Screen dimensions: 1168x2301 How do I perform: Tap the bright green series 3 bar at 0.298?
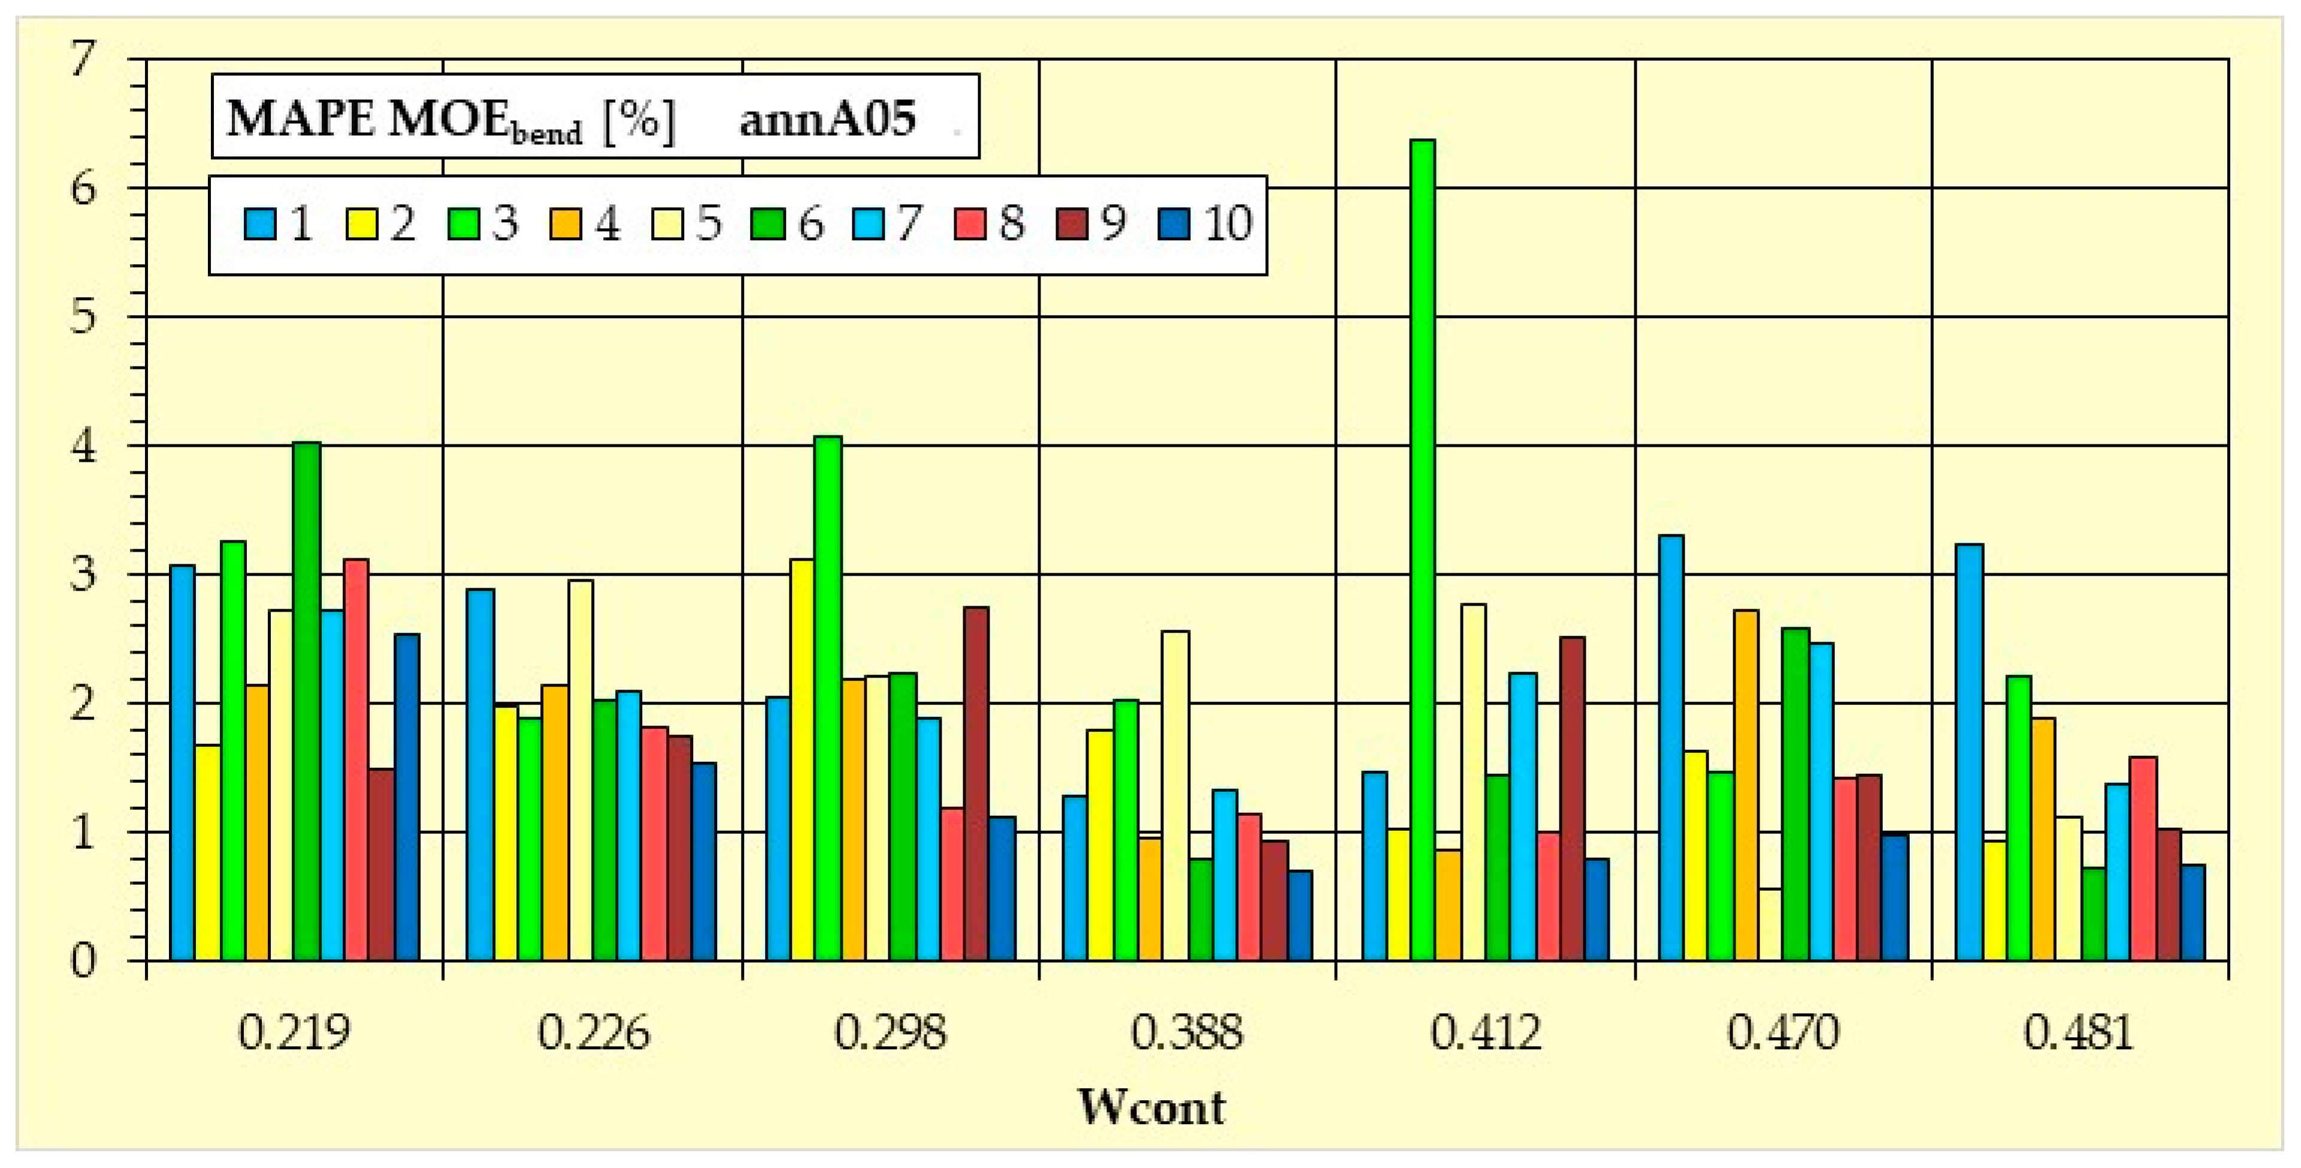tap(828, 698)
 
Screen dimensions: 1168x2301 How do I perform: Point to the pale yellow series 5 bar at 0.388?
tap(1175, 795)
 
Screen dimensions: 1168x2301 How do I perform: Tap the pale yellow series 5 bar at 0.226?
tap(580, 770)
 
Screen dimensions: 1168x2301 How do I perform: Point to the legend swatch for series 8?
tap(971, 224)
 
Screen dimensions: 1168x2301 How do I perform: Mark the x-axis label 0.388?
tap(1186, 1033)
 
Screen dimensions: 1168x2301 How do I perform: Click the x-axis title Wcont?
tap(1151, 1108)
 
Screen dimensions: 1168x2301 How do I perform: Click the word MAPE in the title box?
tap(300, 119)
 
